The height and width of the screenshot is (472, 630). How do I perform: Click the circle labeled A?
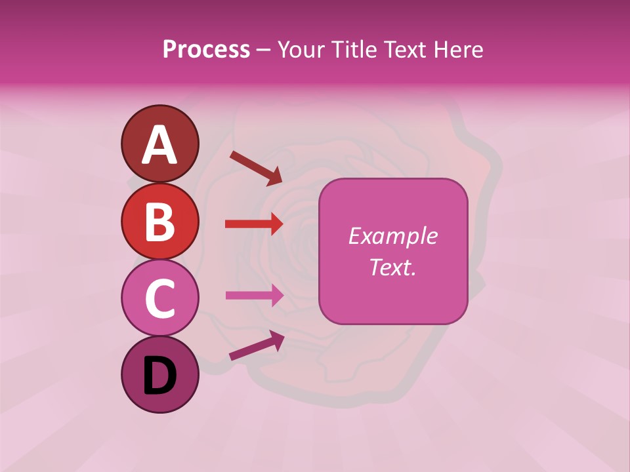click(159, 144)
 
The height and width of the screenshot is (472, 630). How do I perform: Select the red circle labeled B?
click(159, 221)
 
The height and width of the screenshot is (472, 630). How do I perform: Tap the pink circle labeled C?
click(159, 298)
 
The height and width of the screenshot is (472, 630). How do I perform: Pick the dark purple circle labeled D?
click(159, 374)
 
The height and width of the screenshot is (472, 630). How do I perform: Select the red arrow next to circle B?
click(254, 224)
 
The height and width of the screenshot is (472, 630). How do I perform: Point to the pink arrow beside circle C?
click(254, 295)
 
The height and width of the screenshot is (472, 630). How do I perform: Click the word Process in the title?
click(206, 49)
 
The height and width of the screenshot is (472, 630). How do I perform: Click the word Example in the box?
click(392, 236)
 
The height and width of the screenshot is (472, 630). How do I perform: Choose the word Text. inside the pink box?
click(392, 267)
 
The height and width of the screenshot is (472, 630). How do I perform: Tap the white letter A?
click(159, 145)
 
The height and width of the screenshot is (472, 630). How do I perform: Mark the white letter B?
click(159, 222)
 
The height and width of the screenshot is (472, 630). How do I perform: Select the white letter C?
click(159, 298)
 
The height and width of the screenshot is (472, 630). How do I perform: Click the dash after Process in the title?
click(263, 50)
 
